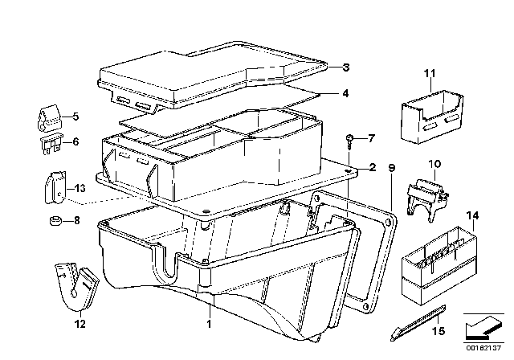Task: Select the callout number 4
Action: [345, 93]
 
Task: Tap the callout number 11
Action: [429, 75]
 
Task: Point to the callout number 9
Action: [392, 168]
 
